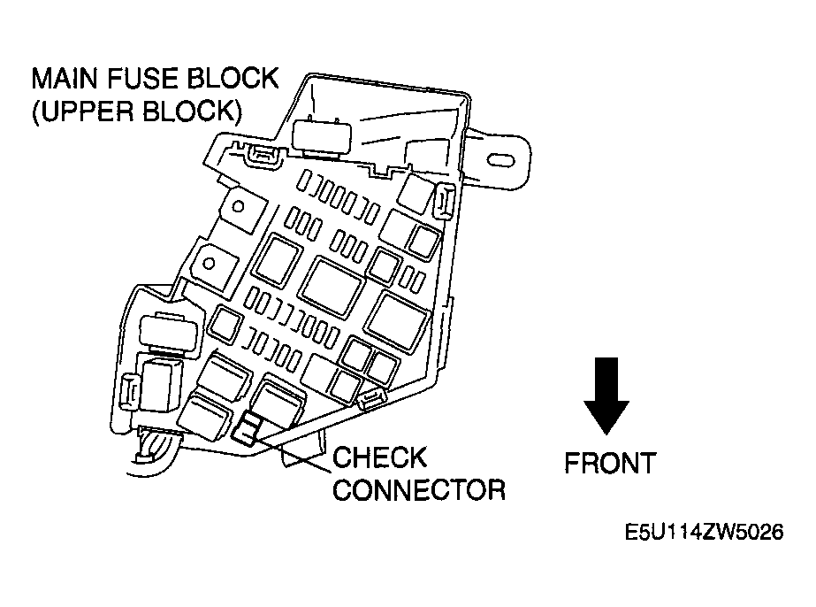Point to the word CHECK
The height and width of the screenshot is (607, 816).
point(380,458)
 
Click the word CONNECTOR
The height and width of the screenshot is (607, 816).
point(418,489)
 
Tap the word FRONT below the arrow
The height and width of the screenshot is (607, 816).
point(610,463)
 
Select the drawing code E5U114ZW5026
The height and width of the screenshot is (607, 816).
point(704,534)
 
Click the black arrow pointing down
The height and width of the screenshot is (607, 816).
point(606,397)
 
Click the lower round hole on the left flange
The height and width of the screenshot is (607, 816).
point(210,263)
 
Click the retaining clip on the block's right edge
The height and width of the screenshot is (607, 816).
point(446,201)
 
